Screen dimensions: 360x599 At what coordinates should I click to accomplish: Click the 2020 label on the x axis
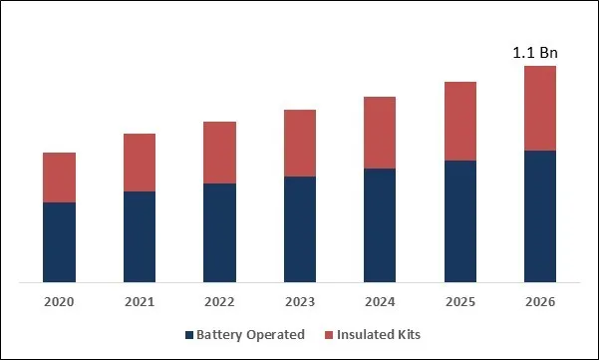60,301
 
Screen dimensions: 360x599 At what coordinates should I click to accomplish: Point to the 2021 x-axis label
140,301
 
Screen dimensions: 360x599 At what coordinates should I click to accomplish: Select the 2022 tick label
219,301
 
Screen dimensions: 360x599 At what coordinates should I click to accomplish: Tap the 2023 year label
300,301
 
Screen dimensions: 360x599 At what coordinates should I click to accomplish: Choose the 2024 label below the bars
380,301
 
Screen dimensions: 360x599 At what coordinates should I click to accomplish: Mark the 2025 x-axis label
459,301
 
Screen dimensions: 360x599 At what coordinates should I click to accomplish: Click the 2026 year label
539,301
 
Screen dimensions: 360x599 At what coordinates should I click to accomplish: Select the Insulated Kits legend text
379,335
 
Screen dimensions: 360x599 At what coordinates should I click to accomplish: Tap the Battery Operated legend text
250,335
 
